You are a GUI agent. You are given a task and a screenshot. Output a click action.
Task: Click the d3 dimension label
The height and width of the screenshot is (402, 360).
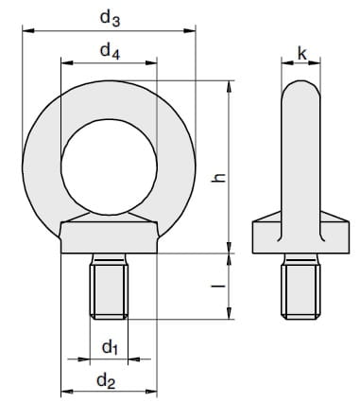[x=110, y=18]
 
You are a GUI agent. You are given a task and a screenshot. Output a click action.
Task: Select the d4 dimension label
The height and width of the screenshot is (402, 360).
[x=110, y=51]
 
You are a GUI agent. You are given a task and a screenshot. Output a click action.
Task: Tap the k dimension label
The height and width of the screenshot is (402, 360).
[x=301, y=54]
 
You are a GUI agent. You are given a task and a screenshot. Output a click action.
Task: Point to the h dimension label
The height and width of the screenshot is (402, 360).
[x=218, y=177]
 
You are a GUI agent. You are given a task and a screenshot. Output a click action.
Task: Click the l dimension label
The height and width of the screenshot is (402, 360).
[x=218, y=286]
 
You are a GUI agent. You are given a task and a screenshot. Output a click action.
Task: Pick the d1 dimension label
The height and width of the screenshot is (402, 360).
[x=110, y=347]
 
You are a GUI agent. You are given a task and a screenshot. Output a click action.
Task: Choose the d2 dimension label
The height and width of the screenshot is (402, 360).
[x=106, y=381]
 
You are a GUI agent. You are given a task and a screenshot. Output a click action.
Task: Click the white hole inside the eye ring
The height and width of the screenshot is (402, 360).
[x=110, y=167]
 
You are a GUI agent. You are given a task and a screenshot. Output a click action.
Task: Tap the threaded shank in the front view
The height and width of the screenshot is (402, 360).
[x=109, y=287]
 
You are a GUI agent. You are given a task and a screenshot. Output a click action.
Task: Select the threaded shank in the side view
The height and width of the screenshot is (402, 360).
[x=300, y=287]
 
